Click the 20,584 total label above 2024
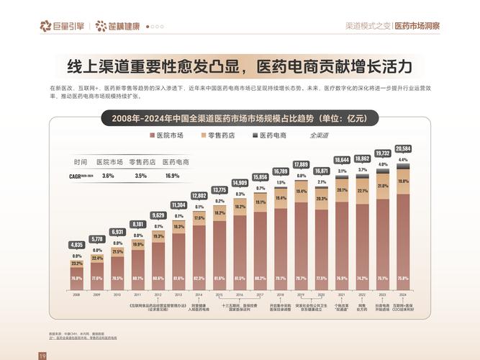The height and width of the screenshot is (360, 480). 403,148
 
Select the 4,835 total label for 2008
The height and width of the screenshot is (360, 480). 76,245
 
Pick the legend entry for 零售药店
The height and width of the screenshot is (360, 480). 219,135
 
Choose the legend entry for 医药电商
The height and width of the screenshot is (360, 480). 269,135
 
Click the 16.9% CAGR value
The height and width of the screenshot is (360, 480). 173,176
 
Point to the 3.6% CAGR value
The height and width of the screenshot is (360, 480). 109,176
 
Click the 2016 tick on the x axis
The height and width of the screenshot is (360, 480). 240,294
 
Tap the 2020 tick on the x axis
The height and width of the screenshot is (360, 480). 322,294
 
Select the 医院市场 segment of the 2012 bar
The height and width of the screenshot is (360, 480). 158,266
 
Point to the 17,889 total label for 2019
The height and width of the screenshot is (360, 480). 301,165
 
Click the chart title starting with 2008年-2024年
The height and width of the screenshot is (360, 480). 239,117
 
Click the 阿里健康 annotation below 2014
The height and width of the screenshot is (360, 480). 199,307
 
